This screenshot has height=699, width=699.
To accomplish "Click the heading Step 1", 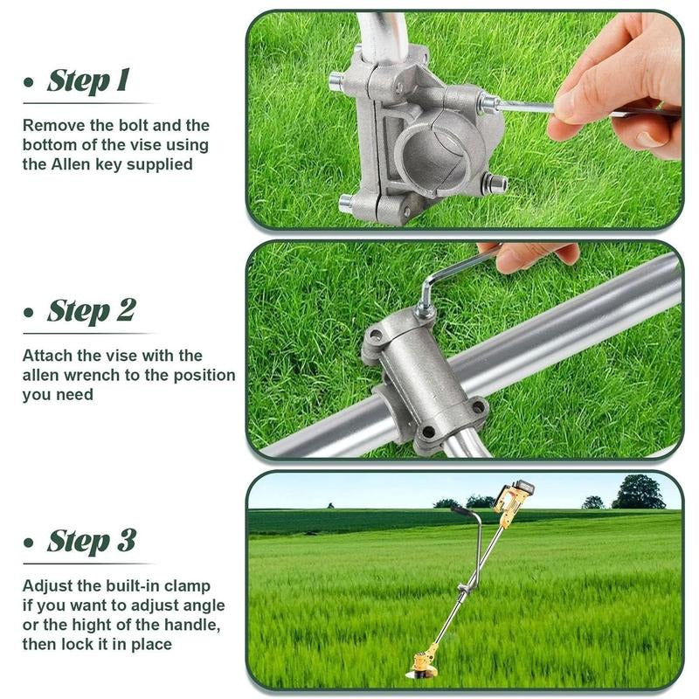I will tap(88, 80).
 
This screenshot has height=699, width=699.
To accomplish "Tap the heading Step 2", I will tap(92, 310).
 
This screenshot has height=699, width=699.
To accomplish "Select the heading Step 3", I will tap(92, 541).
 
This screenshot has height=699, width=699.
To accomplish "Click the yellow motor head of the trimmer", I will tap(513, 498).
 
